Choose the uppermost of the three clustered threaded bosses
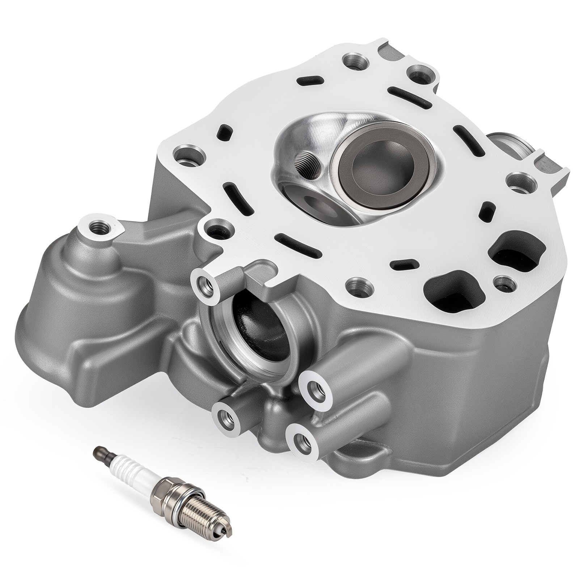(x=314, y=388)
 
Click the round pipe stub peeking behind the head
(x=507, y=145)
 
